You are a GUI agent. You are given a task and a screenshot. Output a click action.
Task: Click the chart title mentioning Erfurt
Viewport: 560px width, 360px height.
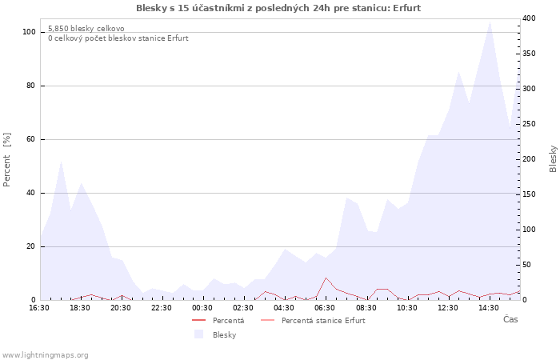[x=278, y=8]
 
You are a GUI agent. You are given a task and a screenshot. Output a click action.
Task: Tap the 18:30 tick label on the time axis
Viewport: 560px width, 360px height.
[x=80, y=308]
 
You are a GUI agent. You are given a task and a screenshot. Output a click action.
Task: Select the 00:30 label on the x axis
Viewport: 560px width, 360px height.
[x=202, y=308]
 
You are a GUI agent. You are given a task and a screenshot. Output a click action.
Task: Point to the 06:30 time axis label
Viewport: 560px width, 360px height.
[x=325, y=308]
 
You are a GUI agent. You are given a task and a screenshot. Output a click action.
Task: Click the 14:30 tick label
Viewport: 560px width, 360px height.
[x=489, y=308]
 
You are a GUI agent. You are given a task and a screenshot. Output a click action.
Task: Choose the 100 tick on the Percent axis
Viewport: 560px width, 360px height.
[x=29, y=32]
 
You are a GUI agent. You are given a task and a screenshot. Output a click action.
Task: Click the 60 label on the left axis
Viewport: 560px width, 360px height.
[x=31, y=139]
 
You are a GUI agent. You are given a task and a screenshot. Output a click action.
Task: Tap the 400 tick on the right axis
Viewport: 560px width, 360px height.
[x=529, y=18]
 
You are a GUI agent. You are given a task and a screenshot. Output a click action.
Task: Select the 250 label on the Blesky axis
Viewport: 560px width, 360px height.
[x=529, y=124]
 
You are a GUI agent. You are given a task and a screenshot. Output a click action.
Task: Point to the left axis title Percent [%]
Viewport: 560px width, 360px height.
[x=6, y=159]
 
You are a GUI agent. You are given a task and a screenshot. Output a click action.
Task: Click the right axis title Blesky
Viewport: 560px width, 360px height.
[x=553, y=158]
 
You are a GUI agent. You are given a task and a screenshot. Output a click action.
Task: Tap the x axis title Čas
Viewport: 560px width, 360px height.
[x=510, y=319]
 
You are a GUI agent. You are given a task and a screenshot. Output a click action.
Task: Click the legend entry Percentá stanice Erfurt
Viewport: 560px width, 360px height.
[x=323, y=320]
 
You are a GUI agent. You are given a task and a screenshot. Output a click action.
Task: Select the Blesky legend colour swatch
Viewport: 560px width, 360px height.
[x=198, y=334]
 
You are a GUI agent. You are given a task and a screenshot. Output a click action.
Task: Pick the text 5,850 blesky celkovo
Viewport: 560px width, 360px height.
[x=86, y=29]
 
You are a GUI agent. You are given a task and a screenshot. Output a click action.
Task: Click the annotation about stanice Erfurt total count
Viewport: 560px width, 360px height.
[x=118, y=38]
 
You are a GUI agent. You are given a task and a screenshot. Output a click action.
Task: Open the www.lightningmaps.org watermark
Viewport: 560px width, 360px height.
[x=44, y=355]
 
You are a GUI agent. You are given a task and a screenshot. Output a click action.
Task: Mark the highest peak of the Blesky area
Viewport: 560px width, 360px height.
[x=490, y=22]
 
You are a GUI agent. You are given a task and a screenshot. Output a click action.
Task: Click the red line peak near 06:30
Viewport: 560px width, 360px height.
[x=326, y=278]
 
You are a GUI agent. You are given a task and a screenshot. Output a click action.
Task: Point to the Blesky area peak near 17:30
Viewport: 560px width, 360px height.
[x=62, y=161]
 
